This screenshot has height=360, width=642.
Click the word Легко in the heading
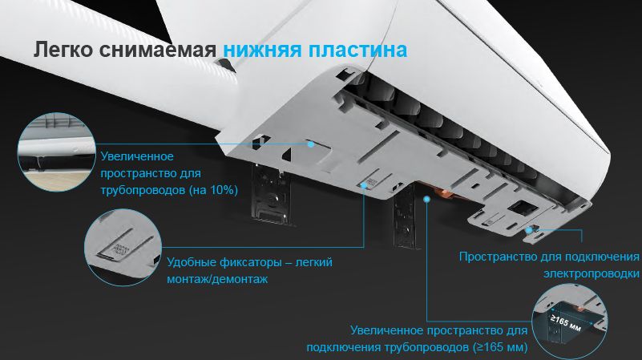(x=63, y=50)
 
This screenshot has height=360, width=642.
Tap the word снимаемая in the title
(x=158, y=50)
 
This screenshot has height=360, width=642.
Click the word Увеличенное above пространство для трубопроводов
(x=137, y=156)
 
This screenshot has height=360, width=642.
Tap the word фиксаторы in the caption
(x=250, y=262)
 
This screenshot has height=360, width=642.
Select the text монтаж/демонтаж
(x=217, y=279)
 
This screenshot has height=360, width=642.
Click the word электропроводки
(x=592, y=273)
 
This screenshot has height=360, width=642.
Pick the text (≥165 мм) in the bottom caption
(x=500, y=347)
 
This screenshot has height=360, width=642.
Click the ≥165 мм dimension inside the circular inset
(x=566, y=322)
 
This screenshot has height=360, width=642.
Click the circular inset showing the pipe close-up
(x=56, y=152)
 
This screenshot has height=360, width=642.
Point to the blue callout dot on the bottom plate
(x=311, y=144)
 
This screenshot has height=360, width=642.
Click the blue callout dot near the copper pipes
(x=426, y=200)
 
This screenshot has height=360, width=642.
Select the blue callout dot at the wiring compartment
(x=530, y=230)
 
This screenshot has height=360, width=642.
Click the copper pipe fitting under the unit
(x=445, y=194)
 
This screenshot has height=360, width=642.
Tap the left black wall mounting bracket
(x=271, y=195)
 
